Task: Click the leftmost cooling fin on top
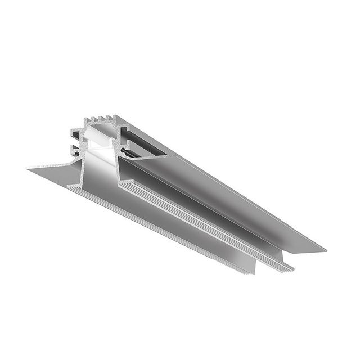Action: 86,120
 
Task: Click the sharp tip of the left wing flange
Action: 28,166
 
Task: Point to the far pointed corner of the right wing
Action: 325,249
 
